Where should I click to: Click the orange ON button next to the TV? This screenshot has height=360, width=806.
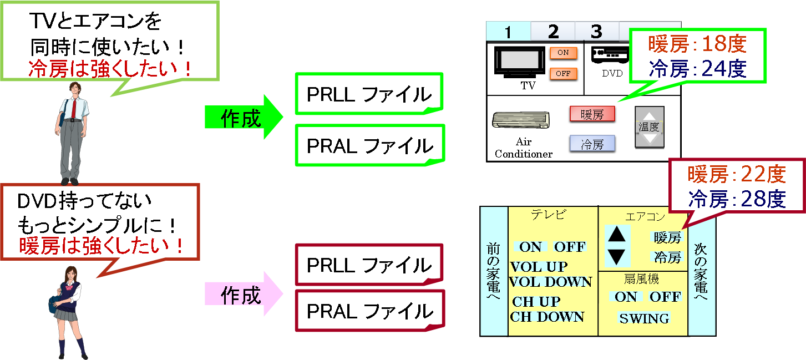563,53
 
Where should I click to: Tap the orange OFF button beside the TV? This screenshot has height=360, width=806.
563,74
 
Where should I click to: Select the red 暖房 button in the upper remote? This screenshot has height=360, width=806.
592,114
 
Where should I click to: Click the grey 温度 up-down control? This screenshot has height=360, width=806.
649,127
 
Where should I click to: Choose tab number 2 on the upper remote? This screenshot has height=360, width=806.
553,32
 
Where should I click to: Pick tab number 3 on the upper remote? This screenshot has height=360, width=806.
596,32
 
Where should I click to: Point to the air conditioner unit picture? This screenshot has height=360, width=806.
520,120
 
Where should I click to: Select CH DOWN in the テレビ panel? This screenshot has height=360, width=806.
547,317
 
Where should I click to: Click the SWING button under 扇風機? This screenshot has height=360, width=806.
644,318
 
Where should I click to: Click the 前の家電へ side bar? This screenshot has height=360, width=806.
494,272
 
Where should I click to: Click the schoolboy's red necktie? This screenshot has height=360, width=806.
73,109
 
